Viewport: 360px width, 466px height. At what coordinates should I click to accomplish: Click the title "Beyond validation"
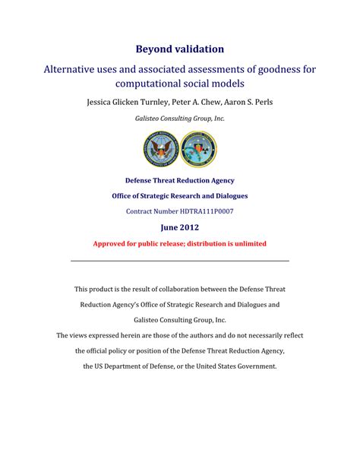[x=180, y=49]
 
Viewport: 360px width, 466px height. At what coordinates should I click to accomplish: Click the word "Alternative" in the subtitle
[x=74, y=69]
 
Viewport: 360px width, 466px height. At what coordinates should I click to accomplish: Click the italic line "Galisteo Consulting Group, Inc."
[x=180, y=119]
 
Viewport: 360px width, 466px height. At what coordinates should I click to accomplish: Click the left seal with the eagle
[x=161, y=149]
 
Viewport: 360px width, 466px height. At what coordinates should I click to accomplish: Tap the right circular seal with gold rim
[x=198, y=149]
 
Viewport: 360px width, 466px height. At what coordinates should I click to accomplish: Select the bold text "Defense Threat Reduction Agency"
[x=180, y=181]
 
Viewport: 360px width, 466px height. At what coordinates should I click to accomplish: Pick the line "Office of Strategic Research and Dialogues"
[x=180, y=196]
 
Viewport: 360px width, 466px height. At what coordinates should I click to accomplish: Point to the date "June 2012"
[x=180, y=227]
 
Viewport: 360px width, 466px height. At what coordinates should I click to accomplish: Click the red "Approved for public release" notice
[x=180, y=243]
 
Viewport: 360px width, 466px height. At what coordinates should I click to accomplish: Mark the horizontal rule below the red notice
[x=180, y=261]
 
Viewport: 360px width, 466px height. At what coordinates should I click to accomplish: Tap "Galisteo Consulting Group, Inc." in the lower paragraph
[x=180, y=320]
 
